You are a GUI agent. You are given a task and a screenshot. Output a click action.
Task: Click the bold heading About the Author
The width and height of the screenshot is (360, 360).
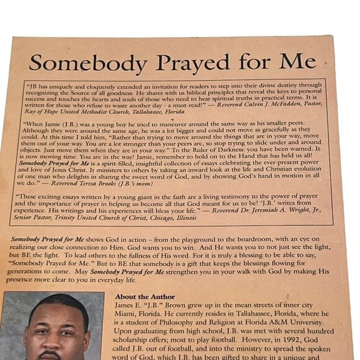[x=145, y=297]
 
